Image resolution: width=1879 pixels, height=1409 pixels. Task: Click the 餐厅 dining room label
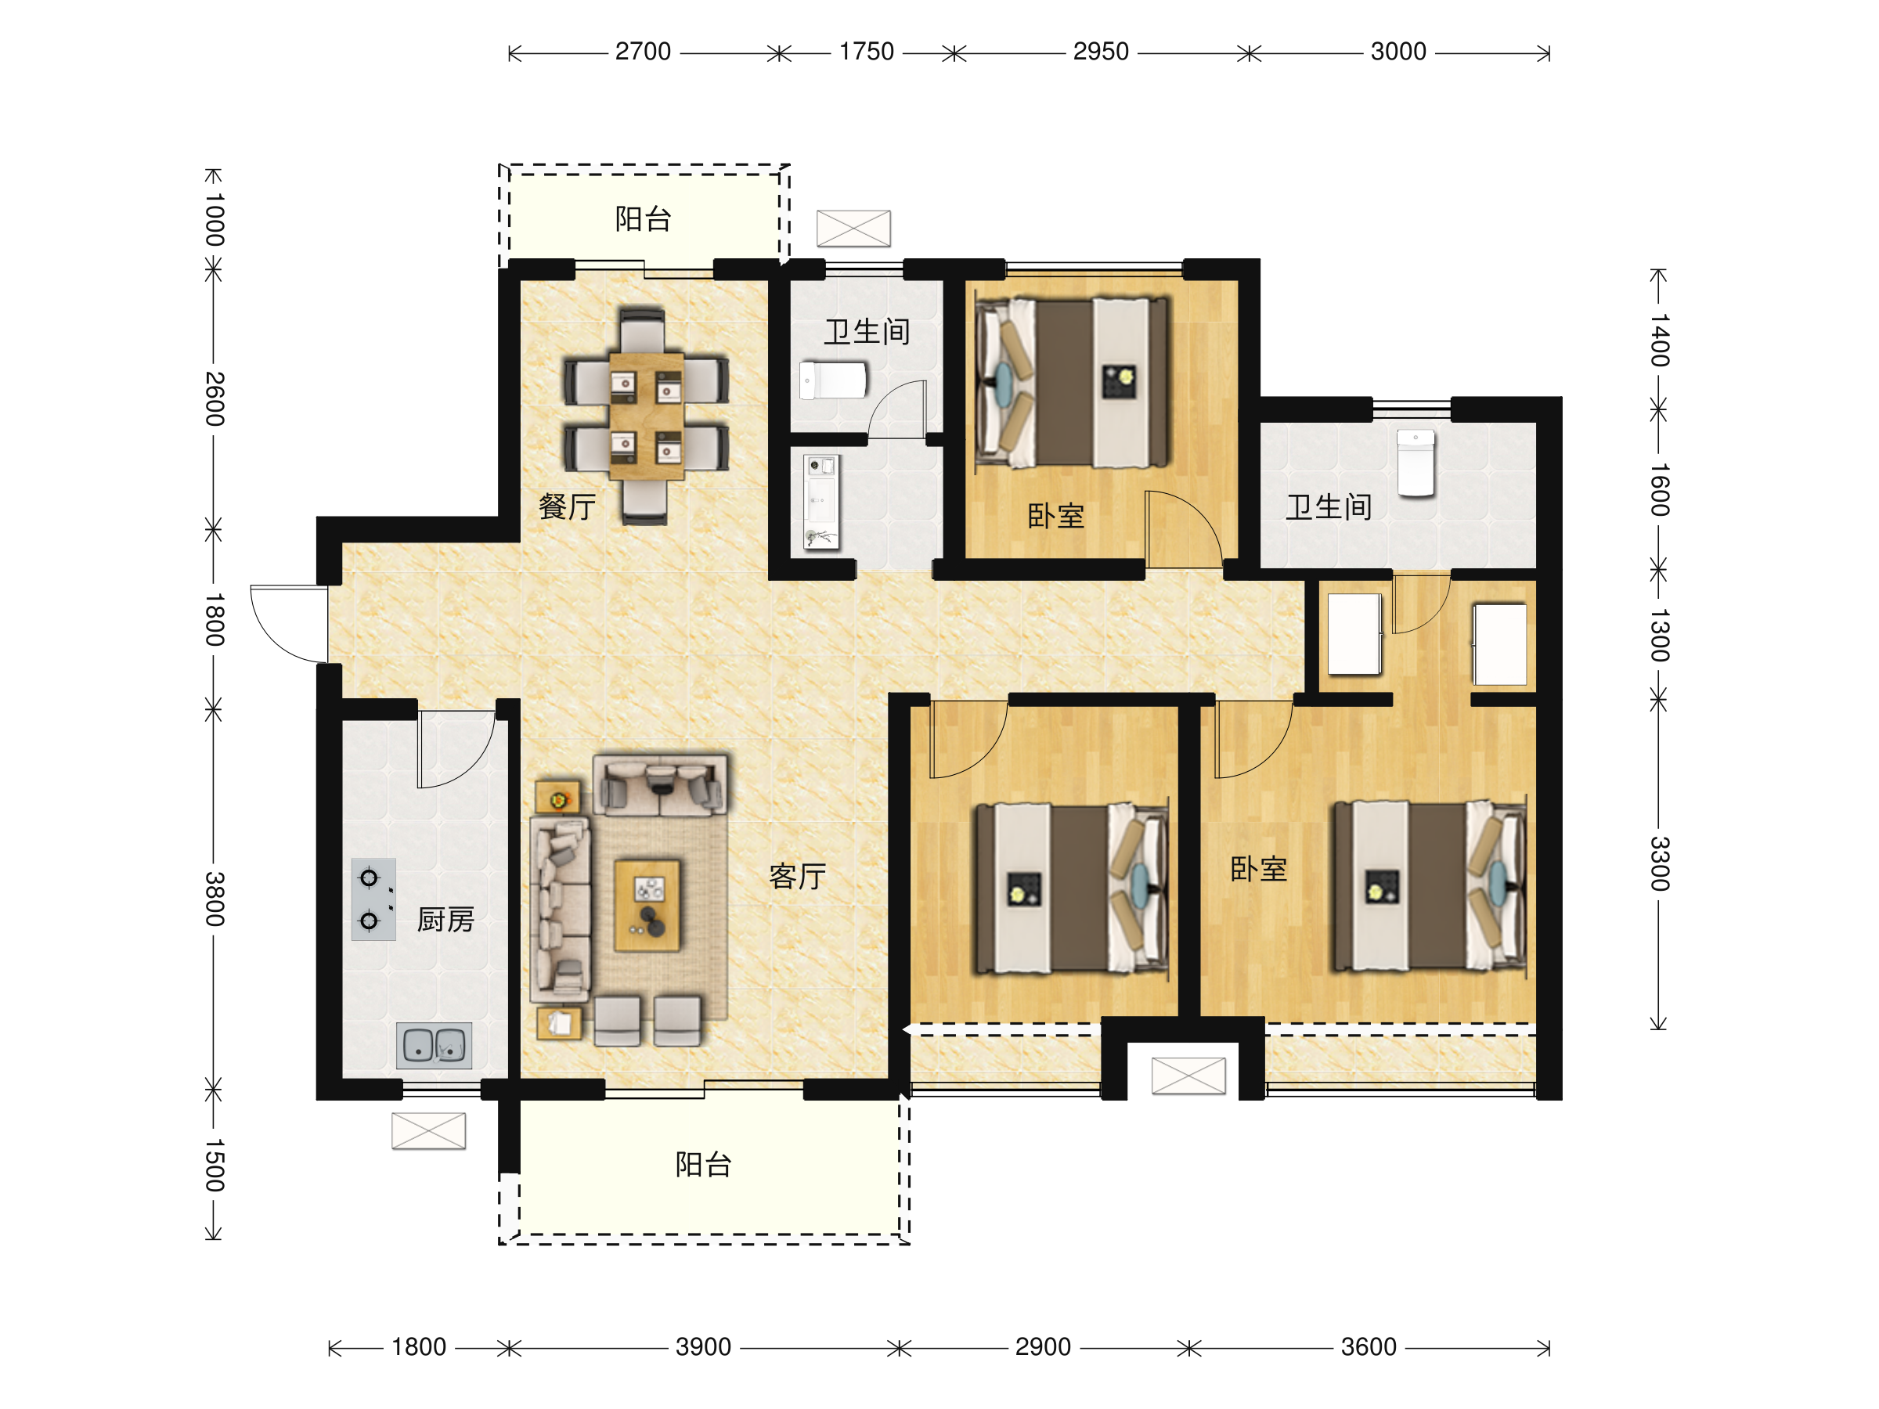pyautogui.click(x=567, y=507)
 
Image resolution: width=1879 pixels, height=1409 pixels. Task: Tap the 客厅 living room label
pyautogui.click(x=797, y=876)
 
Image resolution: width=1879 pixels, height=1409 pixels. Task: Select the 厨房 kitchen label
pyautogui.click(x=445, y=919)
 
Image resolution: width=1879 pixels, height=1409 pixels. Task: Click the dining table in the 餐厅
pyautogui.click(x=647, y=416)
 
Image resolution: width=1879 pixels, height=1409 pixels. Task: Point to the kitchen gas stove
pyautogui.click(x=373, y=899)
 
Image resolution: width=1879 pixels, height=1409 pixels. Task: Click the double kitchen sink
pyautogui.click(x=434, y=1045)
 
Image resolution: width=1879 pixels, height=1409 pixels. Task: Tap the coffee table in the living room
pyautogui.click(x=647, y=906)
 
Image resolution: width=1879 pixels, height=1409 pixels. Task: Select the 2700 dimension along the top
pyautogui.click(x=643, y=52)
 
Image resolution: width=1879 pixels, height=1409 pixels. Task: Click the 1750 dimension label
pyautogui.click(x=867, y=52)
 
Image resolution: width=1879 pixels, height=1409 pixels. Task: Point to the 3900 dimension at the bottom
pyautogui.click(x=703, y=1347)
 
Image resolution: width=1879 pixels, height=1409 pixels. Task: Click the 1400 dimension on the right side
pyautogui.click(x=1660, y=340)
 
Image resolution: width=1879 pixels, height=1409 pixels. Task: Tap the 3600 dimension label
pyautogui.click(x=1369, y=1347)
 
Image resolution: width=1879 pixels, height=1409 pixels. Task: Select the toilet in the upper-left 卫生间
pyautogui.click(x=833, y=380)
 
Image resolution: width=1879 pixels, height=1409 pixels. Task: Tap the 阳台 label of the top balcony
pyautogui.click(x=643, y=219)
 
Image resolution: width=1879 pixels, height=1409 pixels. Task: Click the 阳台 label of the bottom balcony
pyautogui.click(x=703, y=1165)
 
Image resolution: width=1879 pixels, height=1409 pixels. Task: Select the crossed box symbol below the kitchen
pyautogui.click(x=428, y=1130)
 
